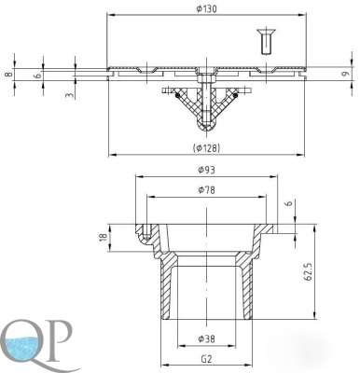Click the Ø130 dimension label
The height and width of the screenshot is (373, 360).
coord(206,8)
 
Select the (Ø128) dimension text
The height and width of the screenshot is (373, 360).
coord(206,148)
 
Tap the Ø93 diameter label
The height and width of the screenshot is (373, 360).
coord(206,170)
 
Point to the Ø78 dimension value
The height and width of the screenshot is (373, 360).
coord(206,189)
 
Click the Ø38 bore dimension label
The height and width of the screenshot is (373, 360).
coord(206,338)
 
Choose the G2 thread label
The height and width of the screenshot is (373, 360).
coord(206,359)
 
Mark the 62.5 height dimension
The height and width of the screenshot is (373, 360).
coord(308,272)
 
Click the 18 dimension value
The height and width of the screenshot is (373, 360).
coord(104,236)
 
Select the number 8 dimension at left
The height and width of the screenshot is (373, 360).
coord(9,75)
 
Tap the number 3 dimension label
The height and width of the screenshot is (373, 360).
coord(70,95)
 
